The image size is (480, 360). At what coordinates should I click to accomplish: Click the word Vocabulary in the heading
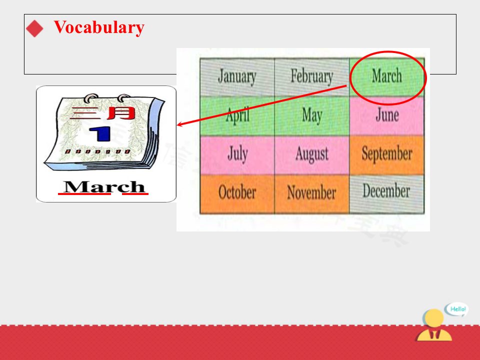[x=99, y=27]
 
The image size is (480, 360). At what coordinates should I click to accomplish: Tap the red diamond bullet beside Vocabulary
[x=34, y=28]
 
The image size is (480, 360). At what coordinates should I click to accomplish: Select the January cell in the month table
[x=237, y=77]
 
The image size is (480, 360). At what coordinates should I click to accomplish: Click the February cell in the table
[x=312, y=77]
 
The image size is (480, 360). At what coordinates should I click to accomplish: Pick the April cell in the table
[x=237, y=116]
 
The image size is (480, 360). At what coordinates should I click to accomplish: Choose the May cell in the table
[x=312, y=116]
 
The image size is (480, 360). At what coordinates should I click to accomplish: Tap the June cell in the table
[x=387, y=116]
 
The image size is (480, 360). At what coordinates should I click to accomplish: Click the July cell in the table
[x=237, y=155]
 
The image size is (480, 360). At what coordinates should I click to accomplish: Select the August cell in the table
[x=312, y=155]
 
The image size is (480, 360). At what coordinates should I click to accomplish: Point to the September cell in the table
[x=387, y=155]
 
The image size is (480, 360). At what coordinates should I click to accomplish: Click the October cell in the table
[x=237, y=194]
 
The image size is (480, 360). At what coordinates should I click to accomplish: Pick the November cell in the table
[x=312, y=194]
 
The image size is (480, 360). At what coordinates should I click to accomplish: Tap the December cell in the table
[x=387, y=194]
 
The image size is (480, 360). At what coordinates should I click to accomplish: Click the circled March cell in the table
[x=387, y=76]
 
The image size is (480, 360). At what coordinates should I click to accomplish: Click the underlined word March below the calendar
[x=104, y=186]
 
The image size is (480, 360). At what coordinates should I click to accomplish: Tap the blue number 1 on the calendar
[x=100, y=134]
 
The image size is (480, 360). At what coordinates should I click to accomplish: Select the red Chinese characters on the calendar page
[x=102, y=113]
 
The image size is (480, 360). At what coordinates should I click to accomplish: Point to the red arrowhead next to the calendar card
[x=180, y=124]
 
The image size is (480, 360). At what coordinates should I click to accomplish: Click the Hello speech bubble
[x=456, y=309]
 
